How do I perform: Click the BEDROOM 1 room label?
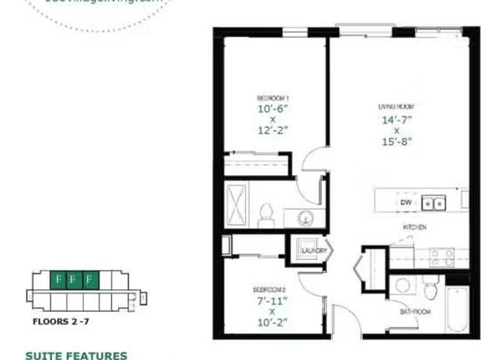[x=273, y=98]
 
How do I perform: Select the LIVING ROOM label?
[x=397, y=107]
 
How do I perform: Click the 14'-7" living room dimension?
[x=397, y=119]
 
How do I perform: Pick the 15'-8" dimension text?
[x=397, y=141]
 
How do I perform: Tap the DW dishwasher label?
[x=406, y=202]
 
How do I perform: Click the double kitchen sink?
[x=434, y=202]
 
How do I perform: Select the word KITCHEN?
[x=414, y=226]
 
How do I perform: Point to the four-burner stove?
[x=442, y=258]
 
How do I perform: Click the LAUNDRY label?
[x=313, y=250]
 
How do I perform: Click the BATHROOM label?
[x=414, y=310]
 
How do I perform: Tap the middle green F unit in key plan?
[x=74, y=280]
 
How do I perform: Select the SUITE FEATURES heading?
[x=76, y=355]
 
